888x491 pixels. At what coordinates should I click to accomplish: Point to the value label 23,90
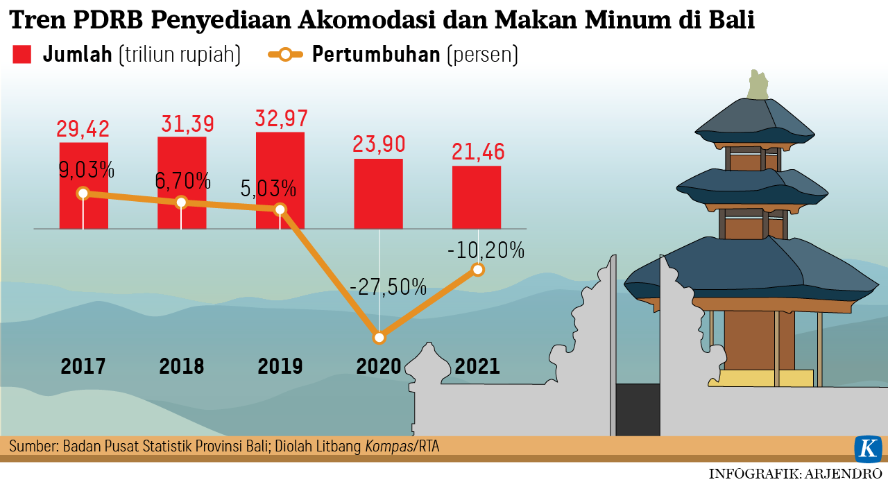pyautogui.click(x=379, y=144)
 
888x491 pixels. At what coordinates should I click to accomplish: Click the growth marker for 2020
pyautogui.click(x=379, y=338)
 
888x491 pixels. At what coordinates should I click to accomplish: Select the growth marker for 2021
pyautogui.click(x=477, y=270)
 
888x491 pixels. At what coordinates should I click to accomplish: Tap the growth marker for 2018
pyautogui.click(x=181, y=202)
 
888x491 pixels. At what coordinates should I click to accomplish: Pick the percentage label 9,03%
pyautogui.click(x=85, y=170)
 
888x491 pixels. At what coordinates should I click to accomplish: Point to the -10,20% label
pyautogui.click(x=486, y=250)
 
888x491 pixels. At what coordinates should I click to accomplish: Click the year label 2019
pyautogui.click(x=280, y=366)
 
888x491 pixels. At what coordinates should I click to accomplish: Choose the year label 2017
pyautogui.click(x=83, y=366)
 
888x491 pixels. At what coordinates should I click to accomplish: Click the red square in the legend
pyautogui.click(x=22, y=54)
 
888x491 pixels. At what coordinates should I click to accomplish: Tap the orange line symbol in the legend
pyautogui.click(x=285, y=54)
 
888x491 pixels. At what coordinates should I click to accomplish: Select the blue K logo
pyautogui.click(x=867, y=449)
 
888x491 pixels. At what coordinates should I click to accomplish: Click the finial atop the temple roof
pyautogui.click(x=758, y=85)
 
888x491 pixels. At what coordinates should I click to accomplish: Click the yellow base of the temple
pyautogui.click(x=766, y=378)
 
